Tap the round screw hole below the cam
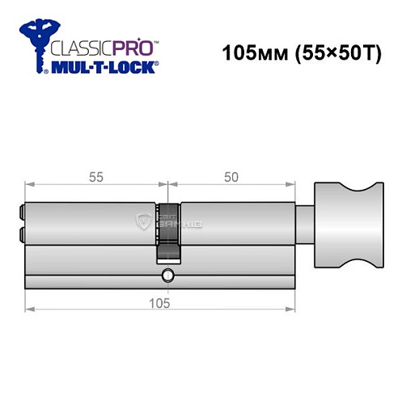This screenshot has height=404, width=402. coord(167,275)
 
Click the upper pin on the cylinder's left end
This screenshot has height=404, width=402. coord(20,213)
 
